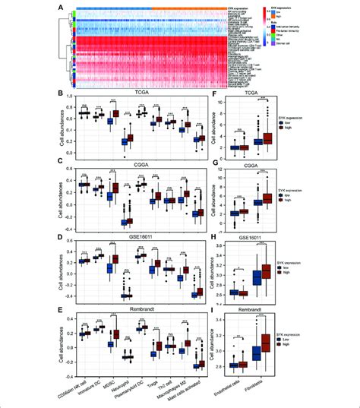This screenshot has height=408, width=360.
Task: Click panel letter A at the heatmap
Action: (x=59, y=7)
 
